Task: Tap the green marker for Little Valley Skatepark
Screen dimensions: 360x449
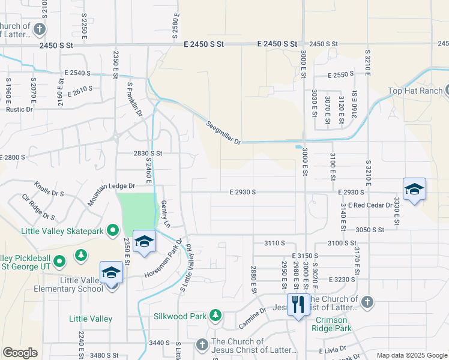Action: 112,230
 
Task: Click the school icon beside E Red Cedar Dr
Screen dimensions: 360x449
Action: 414,190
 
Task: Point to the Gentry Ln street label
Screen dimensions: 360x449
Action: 166,214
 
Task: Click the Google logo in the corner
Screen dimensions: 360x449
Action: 20,353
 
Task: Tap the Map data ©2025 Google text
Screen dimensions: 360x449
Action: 412,355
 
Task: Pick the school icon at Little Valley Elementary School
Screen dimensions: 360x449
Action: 112,273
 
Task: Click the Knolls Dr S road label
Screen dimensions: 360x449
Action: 49,189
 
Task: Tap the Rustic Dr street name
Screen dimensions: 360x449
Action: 19,109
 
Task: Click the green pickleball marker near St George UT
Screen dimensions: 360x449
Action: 59,261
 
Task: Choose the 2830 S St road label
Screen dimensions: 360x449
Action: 148,154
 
